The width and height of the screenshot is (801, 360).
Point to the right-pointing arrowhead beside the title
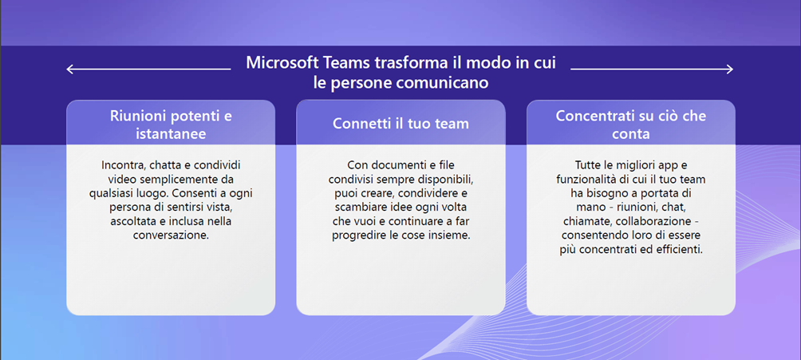pyautogui.click(x=729, y=69)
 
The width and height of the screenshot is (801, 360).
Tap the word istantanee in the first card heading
pyautogui.click(x=172, y=134)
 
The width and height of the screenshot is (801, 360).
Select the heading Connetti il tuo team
pyautogui.click(x=400, y=124)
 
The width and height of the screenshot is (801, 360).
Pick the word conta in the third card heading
pyautogui.click(x=631, y=134)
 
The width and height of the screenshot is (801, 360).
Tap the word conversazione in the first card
pyautogui.click(x=171, y=235)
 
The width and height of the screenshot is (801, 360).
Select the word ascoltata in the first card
pyautogui.click(x=131, y=221)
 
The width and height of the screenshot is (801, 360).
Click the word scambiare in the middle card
pyautogui.click(x=357, y=208)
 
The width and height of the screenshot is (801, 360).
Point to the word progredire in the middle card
pyautogui.click(x=357, y=235)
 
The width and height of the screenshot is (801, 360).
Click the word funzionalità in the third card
pyautogui.click(x=583, y=180)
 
